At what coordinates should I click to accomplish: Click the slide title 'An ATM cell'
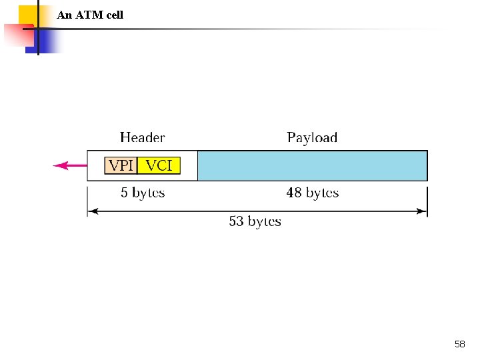pos(90,15)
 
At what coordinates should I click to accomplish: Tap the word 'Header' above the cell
pos(142,138)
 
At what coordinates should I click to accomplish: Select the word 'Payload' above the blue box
pos(312,138)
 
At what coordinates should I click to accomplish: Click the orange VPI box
pos(121,165)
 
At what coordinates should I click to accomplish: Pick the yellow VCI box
pos(159,165)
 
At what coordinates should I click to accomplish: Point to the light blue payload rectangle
pos(312,165)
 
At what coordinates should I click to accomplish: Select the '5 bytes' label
pos(142,193)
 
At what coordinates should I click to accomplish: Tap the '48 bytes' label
pos(312,193)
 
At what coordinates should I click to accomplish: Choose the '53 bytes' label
pos(255,221)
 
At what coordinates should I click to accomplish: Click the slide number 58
pos(459,344)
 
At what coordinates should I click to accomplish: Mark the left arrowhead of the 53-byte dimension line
pos(92,211)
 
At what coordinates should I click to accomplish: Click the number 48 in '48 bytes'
pos(294,193)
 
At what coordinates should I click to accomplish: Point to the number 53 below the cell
pos(237,221)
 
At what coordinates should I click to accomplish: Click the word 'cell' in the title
pos(113,15)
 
